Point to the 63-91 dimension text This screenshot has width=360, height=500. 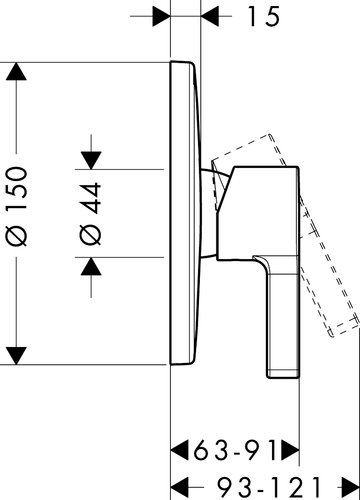click(x=235, y=450)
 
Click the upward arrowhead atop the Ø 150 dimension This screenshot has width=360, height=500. click(x=16, y=71)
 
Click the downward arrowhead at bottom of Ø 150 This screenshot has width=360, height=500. click(x=16, y=355)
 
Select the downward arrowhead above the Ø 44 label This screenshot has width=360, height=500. click(x=91, y=160)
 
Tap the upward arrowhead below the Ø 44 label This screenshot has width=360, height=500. click(x=91, y=266)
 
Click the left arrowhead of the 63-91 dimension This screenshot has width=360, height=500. click(x=180, y=450)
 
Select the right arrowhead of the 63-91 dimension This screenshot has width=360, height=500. click(x=290, y=450)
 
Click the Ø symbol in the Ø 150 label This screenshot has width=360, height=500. click(x=16, y=236)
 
